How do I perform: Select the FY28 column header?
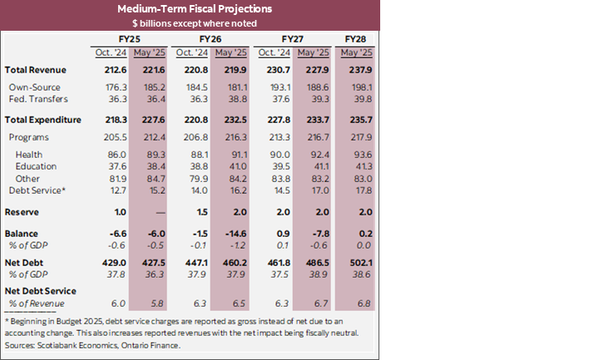(x=355, y=39)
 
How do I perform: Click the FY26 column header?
(x=211, y=39)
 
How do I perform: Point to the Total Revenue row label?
(x=35, y=70)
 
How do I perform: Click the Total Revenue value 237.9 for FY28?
(x=355, y=70)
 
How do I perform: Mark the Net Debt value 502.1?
(x=355, y=261)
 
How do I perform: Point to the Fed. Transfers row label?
(x=38, y=98)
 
